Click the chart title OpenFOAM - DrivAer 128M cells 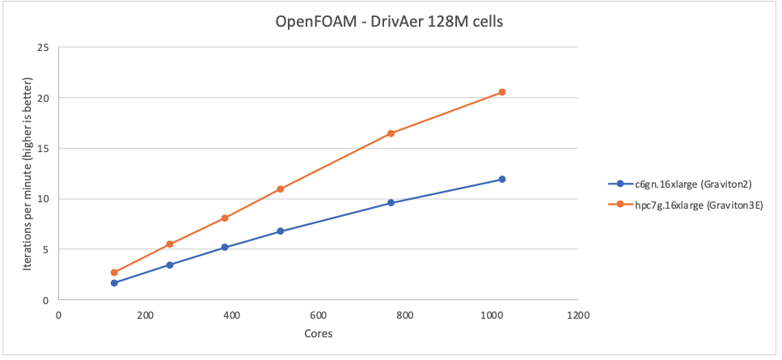pos(390,22)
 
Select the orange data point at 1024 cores pos(502,92)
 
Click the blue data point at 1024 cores pos(502,180)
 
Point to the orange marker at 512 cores pos(281,189)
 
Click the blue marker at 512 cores pos(281,231)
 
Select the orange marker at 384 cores pos(225,218)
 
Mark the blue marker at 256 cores pos(170,265)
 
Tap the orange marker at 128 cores pos(114,273)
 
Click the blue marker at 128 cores pos(114,283)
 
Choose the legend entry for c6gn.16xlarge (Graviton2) pos(685,184)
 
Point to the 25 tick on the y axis pos(43,48)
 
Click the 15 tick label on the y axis pos(43,149)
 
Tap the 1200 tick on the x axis pos(577,315)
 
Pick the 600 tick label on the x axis pos(318,315)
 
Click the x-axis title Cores pos(318,333)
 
